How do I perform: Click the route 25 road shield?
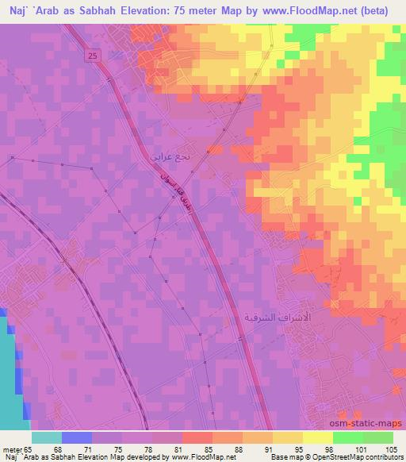coord(94,55)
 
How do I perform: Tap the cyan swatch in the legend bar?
coord(47,437)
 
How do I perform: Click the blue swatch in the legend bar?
coord(76,437)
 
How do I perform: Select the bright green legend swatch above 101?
coord(349,437)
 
